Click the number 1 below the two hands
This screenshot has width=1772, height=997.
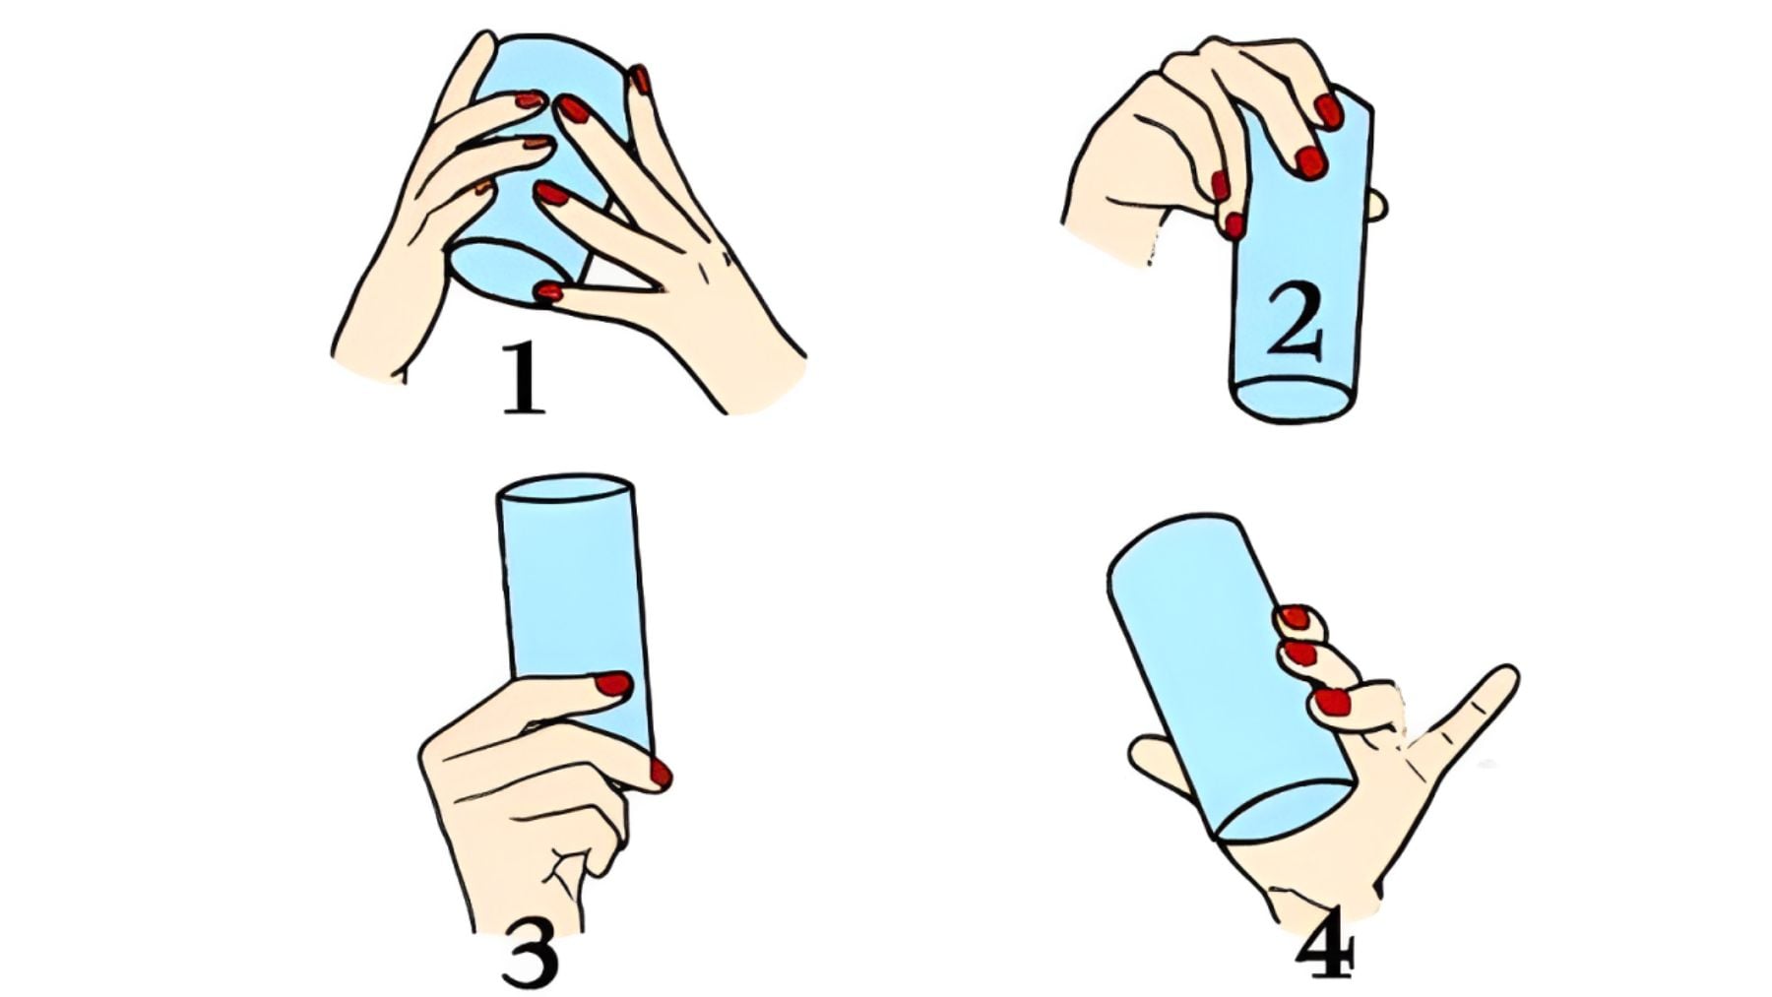(523, 377)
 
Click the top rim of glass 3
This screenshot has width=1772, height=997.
(564, 489)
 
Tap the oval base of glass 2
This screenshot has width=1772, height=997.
(1294, 399)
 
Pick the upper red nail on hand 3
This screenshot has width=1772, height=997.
(613, 684)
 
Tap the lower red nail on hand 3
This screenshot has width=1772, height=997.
(661, 774)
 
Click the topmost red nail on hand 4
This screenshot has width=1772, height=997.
(1296, 618)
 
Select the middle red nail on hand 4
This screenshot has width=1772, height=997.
(1300, 653)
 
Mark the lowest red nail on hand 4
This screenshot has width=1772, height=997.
(1332, 702)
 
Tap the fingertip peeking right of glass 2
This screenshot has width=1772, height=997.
(1377, 206)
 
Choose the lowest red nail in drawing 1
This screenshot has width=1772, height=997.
(548, 291)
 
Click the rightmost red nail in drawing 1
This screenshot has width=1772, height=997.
(641, 80)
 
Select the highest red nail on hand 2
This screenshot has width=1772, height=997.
(1328, 111)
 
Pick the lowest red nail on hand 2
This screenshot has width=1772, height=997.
(1234, 225)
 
